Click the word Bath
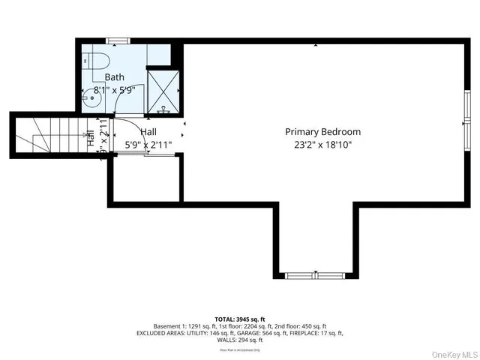click(x=115, y=77)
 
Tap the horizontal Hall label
click(x=148, y=131)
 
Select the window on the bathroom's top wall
click(x=117, y=40)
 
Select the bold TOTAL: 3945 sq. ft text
click(x=239, y=319)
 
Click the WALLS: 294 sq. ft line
click(x=239, y=340)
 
